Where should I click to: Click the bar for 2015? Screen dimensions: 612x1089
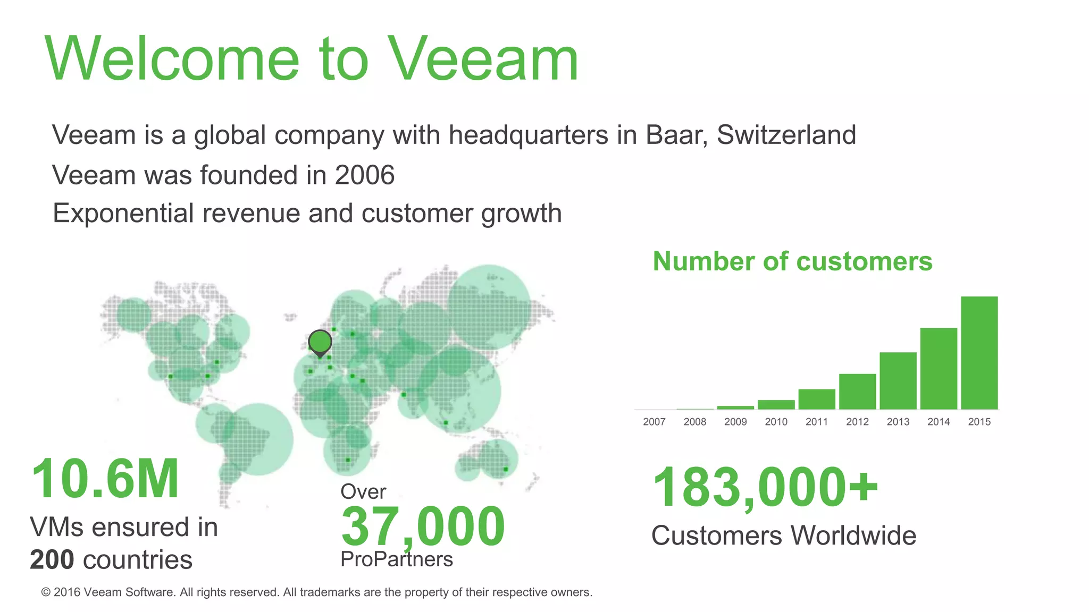[979, 353]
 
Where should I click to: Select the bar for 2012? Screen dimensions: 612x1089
[857, 392]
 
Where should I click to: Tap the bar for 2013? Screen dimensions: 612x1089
[898, 380]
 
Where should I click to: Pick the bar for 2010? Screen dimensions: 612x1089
[776, 405]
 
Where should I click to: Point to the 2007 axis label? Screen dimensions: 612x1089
[654, 422]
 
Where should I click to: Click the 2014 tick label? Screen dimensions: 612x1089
[938, 422]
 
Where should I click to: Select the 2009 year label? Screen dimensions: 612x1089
[735, 422]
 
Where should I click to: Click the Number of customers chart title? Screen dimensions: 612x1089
[792, 261]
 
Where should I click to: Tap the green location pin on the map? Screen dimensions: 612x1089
[320, 342]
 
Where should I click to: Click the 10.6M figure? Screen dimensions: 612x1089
[105, 479]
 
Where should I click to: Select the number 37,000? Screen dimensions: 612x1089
[423, 527]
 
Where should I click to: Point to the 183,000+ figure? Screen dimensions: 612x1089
[765, 487]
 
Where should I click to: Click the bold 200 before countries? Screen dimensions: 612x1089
[52, 560]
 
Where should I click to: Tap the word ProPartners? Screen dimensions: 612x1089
[397, 559]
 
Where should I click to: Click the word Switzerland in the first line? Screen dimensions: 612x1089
[786, 135]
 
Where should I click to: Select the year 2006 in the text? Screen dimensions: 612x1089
[365, 175]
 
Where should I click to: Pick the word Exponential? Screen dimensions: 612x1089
[123, 214]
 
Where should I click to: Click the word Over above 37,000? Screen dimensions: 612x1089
[363, 492]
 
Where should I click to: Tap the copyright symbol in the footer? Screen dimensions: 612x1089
[46, 592]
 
